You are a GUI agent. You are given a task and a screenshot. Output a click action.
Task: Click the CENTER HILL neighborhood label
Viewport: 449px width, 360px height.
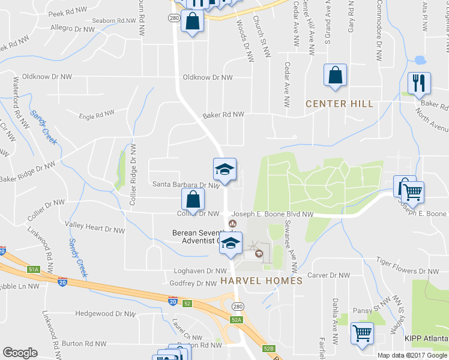tap(339, 104)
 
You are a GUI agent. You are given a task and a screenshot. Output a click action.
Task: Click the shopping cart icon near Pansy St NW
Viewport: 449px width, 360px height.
tap(361, 333)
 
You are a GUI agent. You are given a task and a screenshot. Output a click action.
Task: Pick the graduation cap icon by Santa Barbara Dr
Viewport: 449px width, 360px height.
tap(224, 170)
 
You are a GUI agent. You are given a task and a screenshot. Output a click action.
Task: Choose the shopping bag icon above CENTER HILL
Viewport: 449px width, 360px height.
tap(335, 76)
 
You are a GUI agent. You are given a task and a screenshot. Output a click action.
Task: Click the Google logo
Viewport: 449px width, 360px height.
tap(20, 353)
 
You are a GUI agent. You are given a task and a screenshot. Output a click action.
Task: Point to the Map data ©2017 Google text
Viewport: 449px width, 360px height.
tap(411, 355)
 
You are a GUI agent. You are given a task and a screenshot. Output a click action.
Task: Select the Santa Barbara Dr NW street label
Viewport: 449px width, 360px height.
tap(186, 185)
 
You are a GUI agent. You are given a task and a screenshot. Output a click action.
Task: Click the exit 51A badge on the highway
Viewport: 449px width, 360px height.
tap(34, 270)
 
